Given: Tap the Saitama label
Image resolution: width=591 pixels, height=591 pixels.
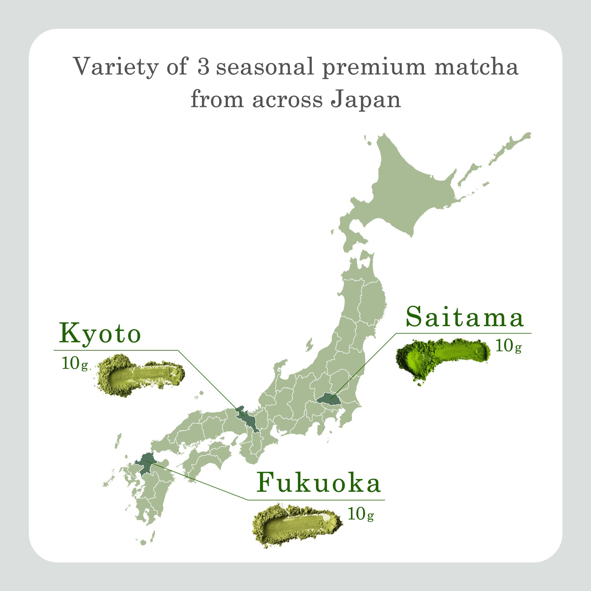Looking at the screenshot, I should click(464, 317).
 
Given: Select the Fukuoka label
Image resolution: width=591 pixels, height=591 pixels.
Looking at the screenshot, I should click(318, 483).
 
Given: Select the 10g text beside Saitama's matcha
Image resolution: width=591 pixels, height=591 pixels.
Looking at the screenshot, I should click(508, 346).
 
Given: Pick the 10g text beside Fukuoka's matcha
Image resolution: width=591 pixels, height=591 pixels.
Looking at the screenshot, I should click(361, 515).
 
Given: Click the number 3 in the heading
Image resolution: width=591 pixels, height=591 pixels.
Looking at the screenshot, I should click(203, 66).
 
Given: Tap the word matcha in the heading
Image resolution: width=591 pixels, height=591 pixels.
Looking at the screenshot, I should click(476, 66).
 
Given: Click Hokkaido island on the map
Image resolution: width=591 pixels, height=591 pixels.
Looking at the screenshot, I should click(407, 190).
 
